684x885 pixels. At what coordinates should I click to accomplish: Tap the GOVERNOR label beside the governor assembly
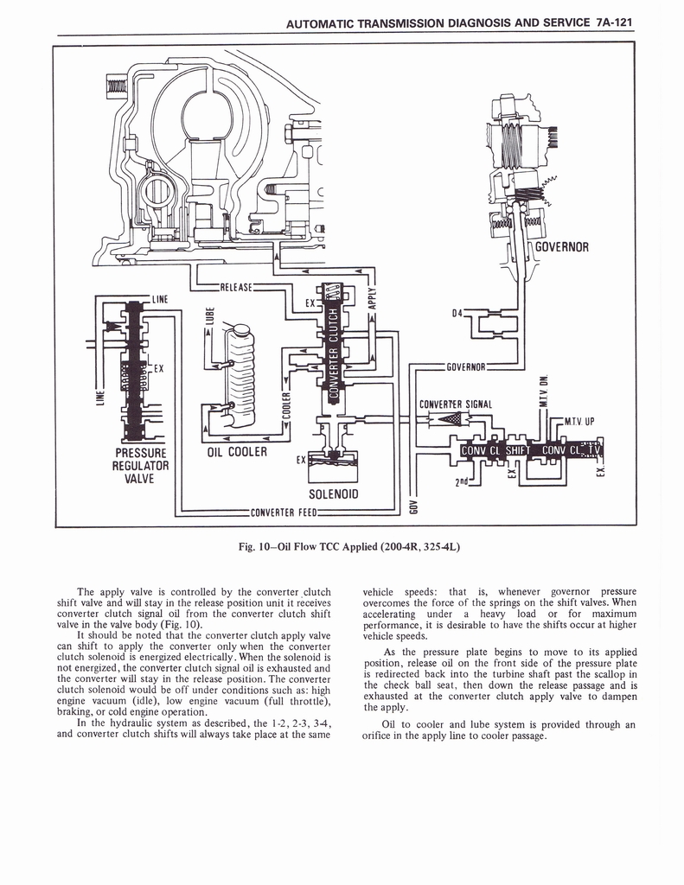(x=562, y=247)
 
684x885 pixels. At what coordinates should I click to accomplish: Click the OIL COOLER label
(x=236, y=452)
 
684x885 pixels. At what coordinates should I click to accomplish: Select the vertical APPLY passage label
(x=372, y=297)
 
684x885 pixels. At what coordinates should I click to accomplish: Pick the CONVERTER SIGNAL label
(x=456, y=404)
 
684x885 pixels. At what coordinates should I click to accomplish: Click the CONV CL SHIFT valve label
(x=495, y=450)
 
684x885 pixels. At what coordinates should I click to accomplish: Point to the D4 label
(x=457, y=312)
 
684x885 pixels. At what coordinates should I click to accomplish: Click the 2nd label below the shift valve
(x=463, y=481)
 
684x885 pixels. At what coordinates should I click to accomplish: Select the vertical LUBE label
(x=205, y=318)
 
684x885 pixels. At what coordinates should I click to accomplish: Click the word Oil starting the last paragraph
(x=388, y=724)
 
